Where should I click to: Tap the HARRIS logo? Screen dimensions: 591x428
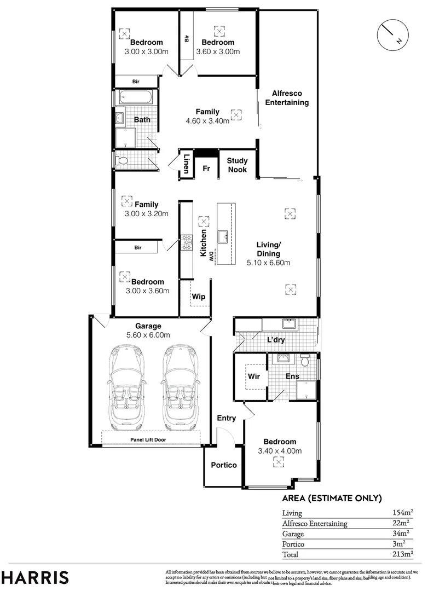point(36,577)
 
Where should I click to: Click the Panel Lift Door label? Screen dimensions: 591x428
point(148,439)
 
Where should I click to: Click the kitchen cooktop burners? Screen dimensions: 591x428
point(187,241)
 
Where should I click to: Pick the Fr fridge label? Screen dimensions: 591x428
point(206,169)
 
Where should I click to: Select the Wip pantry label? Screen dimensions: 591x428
point(198,296)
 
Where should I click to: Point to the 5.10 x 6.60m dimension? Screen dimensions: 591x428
point(268,263)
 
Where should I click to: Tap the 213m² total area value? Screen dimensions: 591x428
point(402,554)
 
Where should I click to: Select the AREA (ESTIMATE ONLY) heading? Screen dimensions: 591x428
point(331,498)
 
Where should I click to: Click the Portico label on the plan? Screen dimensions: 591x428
point(224,465)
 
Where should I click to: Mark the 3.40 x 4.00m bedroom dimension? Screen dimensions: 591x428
point(280,451)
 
